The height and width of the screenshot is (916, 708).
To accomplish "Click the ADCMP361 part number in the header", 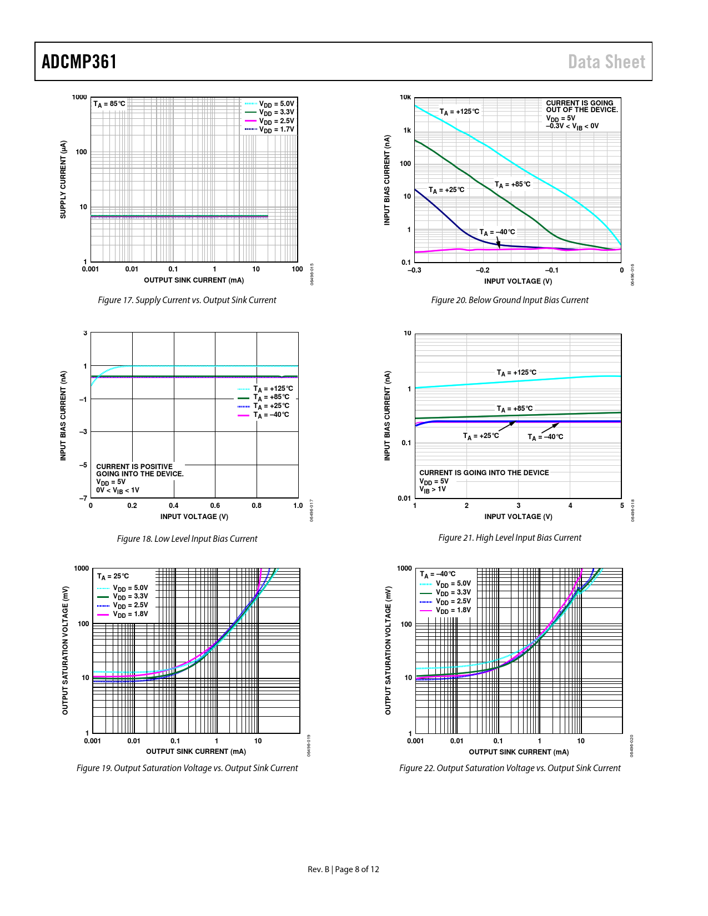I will coord(79,62).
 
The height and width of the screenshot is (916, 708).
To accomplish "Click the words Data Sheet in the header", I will coord(606,62).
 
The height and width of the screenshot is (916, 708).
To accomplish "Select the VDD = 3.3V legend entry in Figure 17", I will coord(276,112).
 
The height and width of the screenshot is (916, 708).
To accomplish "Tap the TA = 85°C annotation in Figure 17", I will coord(109,104).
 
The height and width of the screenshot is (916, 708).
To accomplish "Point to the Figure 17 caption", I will coord(187,300).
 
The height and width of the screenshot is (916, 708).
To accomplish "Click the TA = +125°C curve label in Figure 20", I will coord(459,112).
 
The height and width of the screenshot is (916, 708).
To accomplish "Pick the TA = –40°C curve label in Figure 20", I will coord(497,232).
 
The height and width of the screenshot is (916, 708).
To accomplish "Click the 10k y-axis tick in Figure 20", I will coord(405,98).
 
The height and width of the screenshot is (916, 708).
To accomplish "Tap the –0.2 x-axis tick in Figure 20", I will coord(483,270).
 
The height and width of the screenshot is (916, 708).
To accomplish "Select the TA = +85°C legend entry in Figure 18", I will coord(272,397).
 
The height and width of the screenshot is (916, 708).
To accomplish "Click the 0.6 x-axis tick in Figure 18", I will coord(215,506).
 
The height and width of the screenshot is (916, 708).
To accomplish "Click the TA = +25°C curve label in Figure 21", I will coord(481,436).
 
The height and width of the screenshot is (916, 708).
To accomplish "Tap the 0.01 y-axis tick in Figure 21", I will coord(404,499).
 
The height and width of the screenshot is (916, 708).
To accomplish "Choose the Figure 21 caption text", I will coord(510,538).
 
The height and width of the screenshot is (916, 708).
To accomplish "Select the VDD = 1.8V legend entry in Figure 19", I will coord(130,615).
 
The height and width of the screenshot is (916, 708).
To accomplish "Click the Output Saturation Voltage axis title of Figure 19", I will coord(65,650).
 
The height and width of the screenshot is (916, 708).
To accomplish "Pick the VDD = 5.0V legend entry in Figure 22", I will coord(453,583).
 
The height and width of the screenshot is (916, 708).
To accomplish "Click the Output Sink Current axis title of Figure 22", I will coord(519,752).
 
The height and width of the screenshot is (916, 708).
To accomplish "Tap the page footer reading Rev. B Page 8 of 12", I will coord(343,869).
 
